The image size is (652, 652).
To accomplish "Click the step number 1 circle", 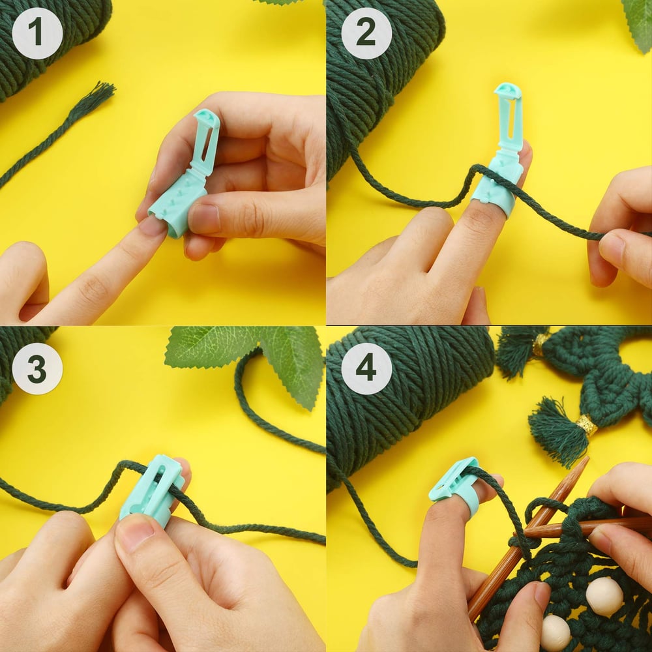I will click(x=37, y=33).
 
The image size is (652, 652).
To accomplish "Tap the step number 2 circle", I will click(x=366, y=33).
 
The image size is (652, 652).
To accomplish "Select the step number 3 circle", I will click(x=37, y=369).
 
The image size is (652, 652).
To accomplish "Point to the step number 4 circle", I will click(x=366, y=369).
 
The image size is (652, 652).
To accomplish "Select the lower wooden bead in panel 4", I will click(x=556, y=632).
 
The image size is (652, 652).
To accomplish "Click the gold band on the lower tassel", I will click(x=586, y=425).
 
